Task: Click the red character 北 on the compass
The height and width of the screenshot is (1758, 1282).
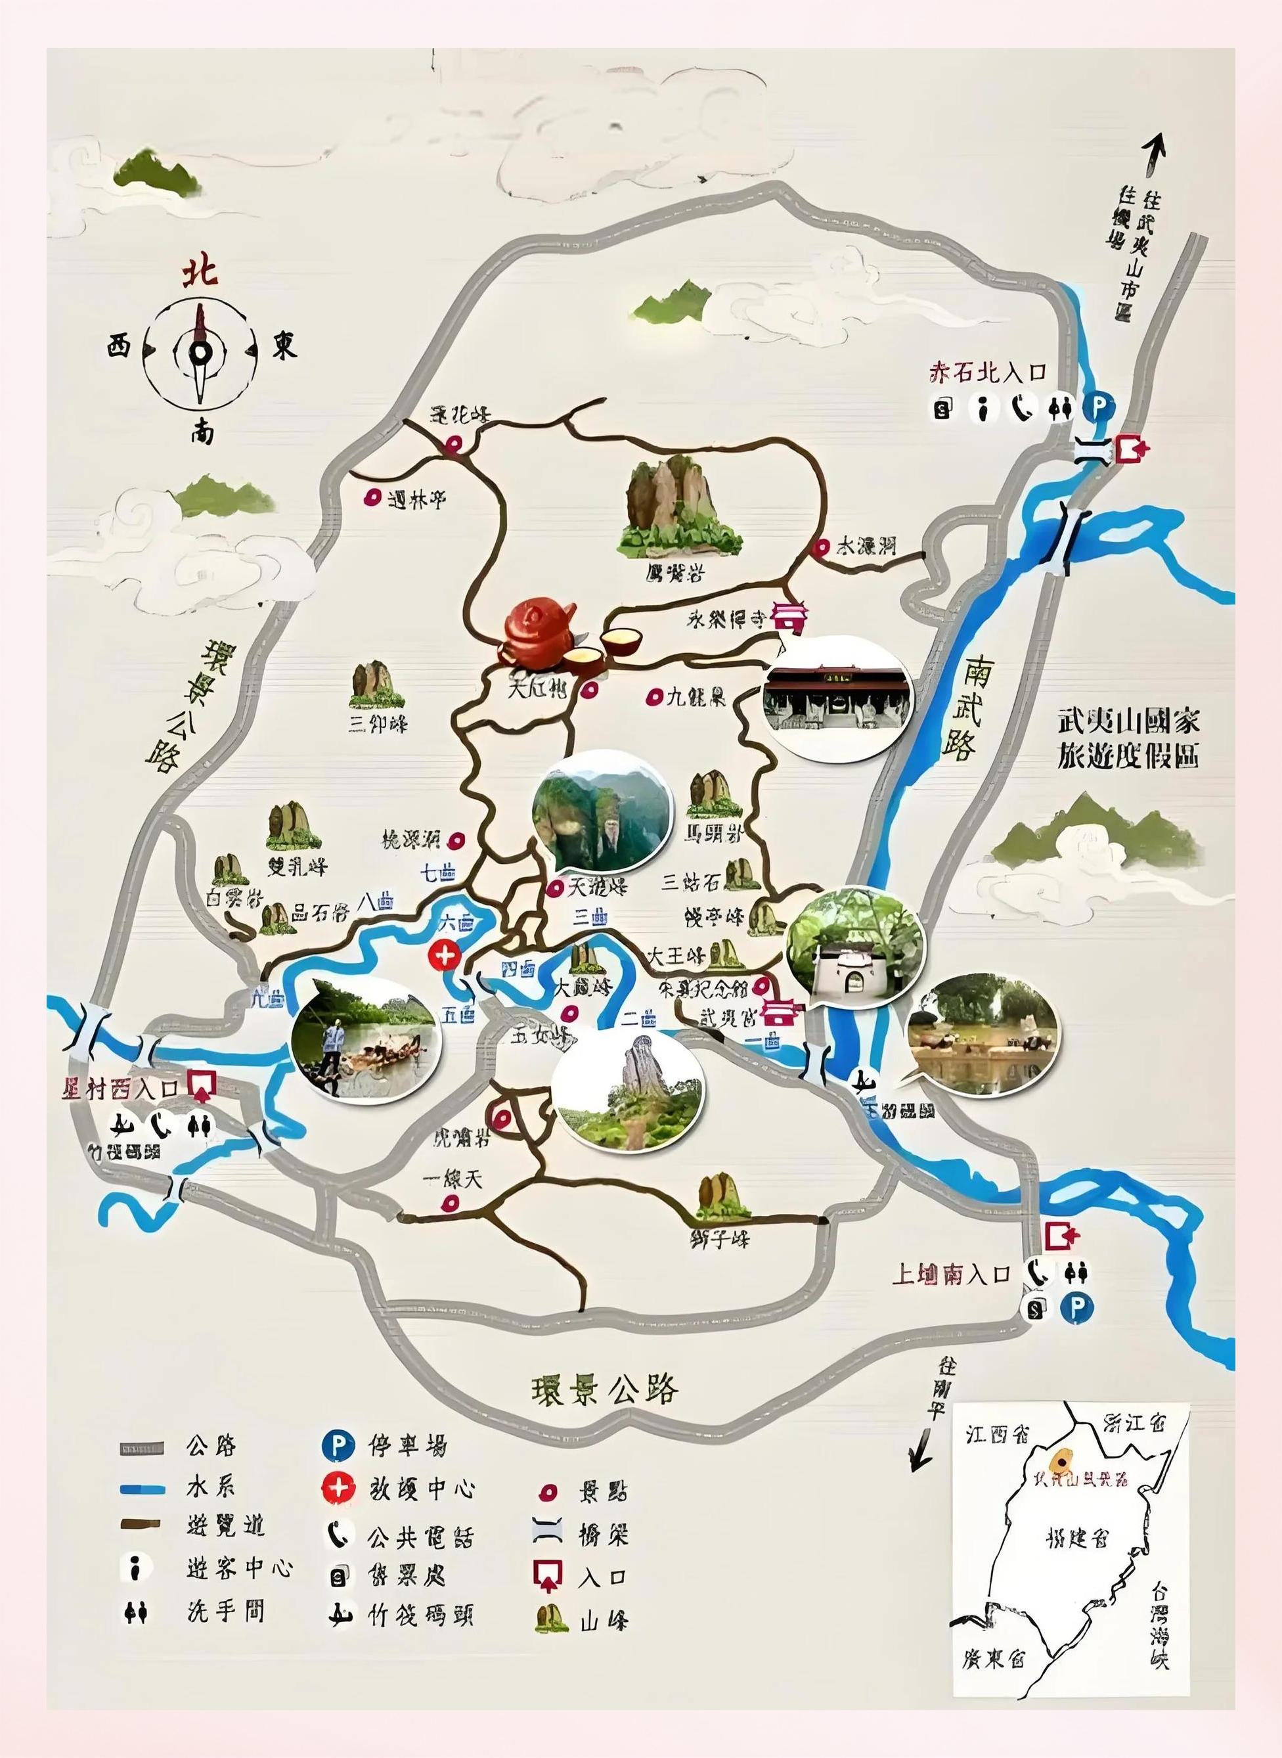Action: pyautogui.click(x=200, y=273)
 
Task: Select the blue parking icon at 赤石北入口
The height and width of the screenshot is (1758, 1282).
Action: pyautogui.click(x=1098, y=407)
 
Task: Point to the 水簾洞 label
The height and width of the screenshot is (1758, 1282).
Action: pyautogui.click(x=865, y=547)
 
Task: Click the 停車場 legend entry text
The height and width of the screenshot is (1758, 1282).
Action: pyautogui.click(x=405, y=1446)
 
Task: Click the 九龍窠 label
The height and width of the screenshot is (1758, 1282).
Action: pyautogui.click(x=696, y=697)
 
